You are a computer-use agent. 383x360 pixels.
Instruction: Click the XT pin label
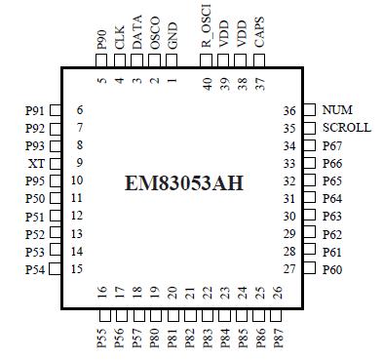pyautogui.click(x=37, y=163)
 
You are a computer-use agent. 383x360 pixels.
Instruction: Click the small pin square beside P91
pyautogui.click(x=56, y=110)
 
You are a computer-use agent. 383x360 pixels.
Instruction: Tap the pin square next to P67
pyautogui.click(x=309, y=145)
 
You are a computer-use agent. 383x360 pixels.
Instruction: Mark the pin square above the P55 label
pyautogui.click(x=102, y=315)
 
